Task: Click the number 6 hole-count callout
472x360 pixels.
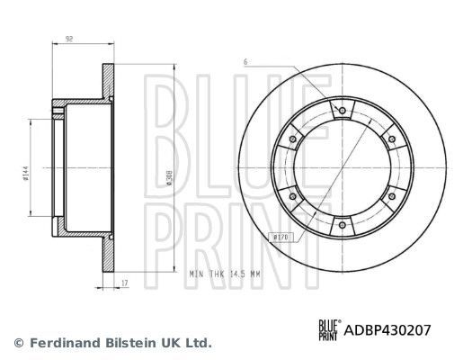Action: coord(245,61)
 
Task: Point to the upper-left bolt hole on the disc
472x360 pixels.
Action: coord(295,139)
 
